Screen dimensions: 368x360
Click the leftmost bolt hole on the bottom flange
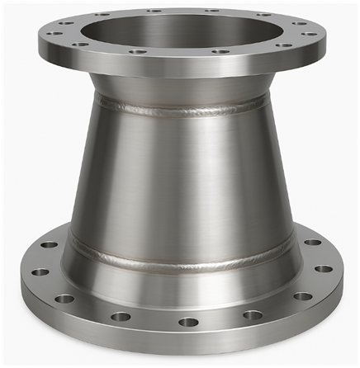pos(38,271)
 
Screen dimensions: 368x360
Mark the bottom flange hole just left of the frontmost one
pos(121,316)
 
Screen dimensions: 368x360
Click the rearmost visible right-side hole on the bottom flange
pos(313,243)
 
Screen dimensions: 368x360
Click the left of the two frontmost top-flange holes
pos(139,51)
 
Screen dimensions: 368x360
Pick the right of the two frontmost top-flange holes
pos(221,51)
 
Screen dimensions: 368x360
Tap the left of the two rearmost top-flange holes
pos(154,12)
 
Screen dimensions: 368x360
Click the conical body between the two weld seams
pos(180,182)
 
